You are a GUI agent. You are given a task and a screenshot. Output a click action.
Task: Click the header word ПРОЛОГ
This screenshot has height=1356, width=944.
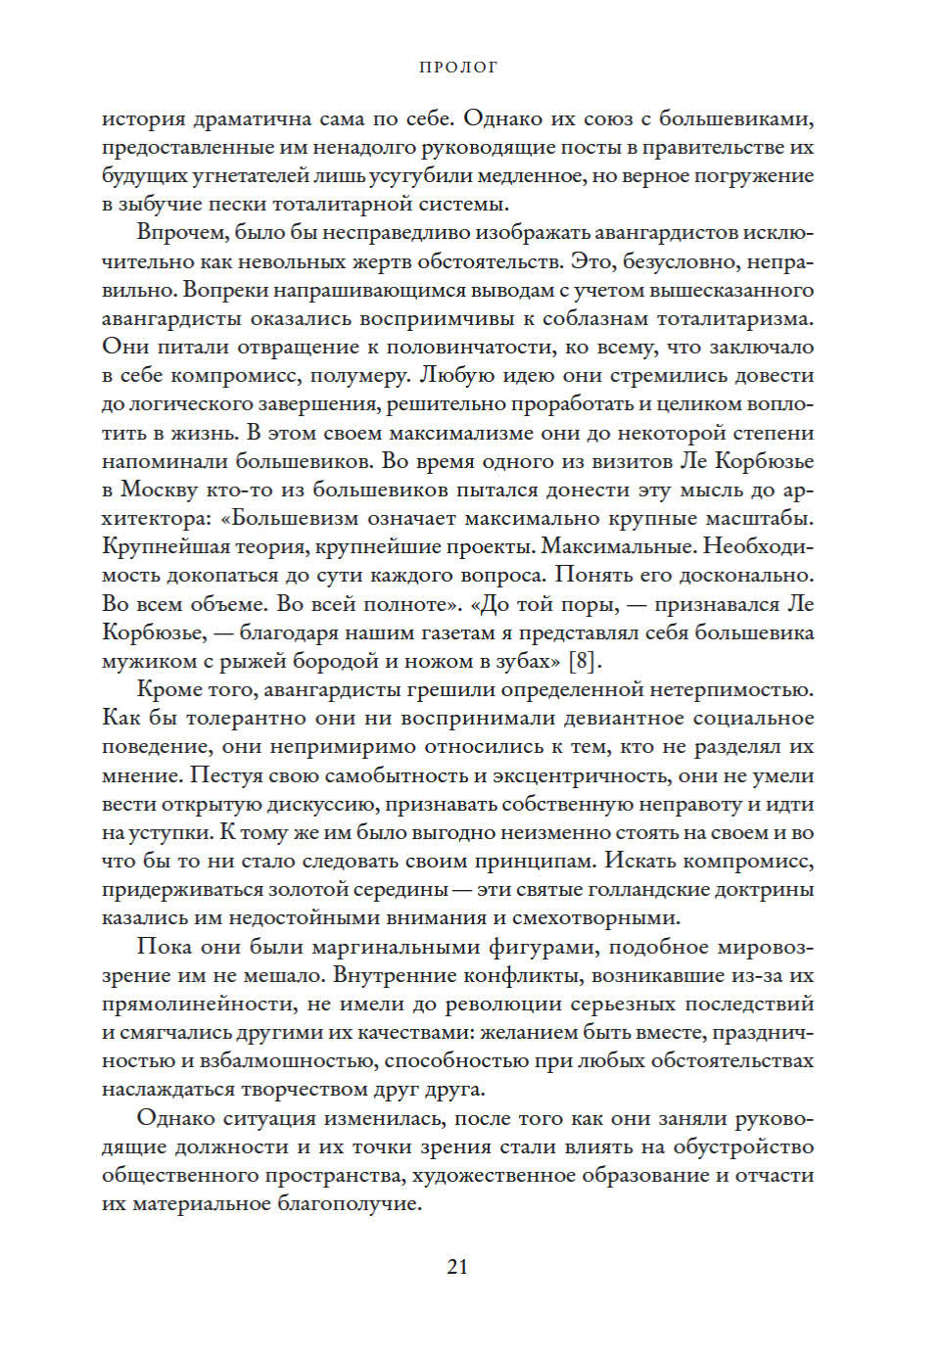pos(458,68)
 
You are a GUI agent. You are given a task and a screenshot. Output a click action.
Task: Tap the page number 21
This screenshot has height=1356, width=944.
pos(457,1266)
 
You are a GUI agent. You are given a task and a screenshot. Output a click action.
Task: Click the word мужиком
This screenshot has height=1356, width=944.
pos(142,661)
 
